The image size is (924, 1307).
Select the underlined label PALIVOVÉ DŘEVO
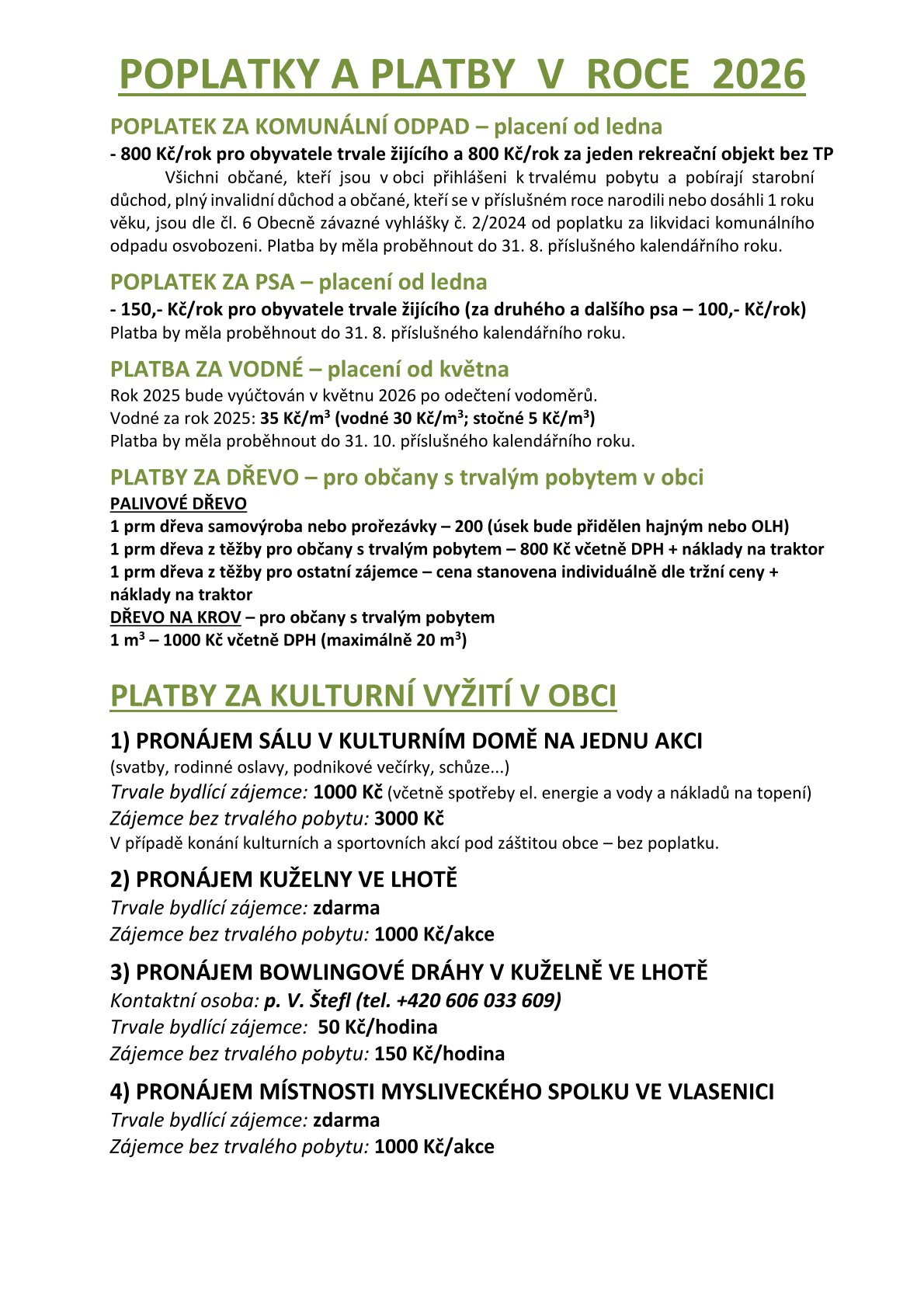(x=178, y=503)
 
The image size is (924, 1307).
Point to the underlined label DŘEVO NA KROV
(x=175, y=617)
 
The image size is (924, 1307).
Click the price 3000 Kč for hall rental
(x=408, y=818)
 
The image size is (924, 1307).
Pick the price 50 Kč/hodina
(x=377, y=1027)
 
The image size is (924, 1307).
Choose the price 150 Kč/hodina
(x=439, y=1053)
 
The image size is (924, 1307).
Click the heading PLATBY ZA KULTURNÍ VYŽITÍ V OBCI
(x=363, y=695)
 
